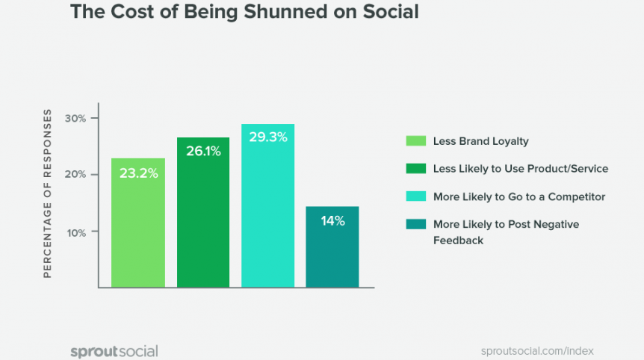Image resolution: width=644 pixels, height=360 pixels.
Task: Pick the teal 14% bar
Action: click(x=332, y=250)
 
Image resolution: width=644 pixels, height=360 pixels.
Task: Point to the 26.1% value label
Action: click(x=203, y=152)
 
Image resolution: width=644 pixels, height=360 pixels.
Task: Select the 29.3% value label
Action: click(x=267, y=137)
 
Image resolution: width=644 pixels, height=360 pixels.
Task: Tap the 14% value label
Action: click(x=332, y=220)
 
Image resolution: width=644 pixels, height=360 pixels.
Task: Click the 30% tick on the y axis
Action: click(x=75, y=119)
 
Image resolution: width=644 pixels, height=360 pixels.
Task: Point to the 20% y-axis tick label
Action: click(x=75, y=175)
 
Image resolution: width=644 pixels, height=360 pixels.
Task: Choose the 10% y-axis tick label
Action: click(x=75, y=232)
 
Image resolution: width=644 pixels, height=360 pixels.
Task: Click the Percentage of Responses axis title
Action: click(x=47, y=193)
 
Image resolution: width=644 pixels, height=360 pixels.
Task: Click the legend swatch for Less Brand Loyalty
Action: click(x=415, y=140)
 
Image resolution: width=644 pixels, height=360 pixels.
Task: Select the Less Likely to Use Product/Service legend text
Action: click(x=521, y=169)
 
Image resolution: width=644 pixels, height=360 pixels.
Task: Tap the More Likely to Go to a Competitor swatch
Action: click(x=415, y=196)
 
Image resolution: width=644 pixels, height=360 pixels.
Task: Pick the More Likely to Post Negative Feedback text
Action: click(x=506, y=232)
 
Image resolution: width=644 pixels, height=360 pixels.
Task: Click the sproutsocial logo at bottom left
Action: click(x=114, y=351)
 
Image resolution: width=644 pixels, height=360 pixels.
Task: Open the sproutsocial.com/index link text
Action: click(x=538, y=351)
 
